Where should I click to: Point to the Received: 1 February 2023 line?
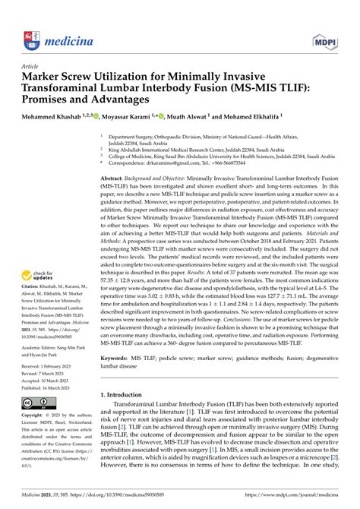tap(45, 366)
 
